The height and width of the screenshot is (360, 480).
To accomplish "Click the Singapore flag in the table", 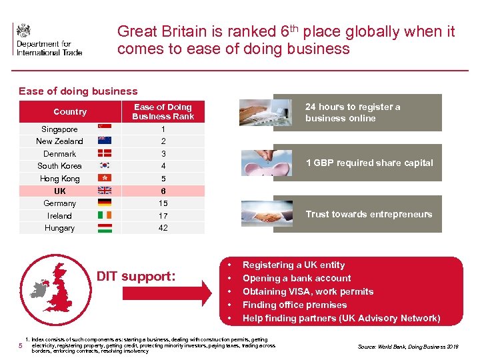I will point(105,129).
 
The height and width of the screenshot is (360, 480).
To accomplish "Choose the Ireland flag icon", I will point(105,215).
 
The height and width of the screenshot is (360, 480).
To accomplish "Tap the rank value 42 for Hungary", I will point(163,228).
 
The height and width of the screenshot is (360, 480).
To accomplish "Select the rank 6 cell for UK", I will point(163,191).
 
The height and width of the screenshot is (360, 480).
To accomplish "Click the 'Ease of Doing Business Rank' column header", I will point(163,111).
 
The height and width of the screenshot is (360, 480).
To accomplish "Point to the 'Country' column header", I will point(70,112).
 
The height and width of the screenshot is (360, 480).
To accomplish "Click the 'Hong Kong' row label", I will point(59,179).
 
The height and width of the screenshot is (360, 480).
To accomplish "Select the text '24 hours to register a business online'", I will point(353,112).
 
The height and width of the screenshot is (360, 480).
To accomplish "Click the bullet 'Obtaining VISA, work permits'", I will point(307,291).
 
